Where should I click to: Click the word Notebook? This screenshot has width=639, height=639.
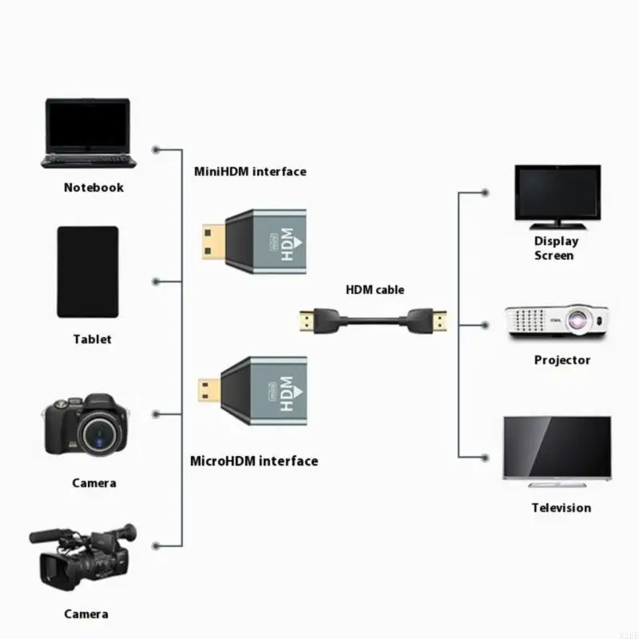click(x=93, y=188)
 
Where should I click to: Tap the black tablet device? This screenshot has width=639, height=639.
click(x=88, y=272)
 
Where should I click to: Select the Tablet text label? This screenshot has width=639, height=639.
click(x=93, y=339)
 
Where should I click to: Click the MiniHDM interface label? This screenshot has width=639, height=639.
click(x=250, y=171)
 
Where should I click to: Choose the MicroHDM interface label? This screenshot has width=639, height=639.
click(x=254, y=461)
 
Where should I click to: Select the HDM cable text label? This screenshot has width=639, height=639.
click(x=375, y=290)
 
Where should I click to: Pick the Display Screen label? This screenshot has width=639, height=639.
click(x=556, y=248)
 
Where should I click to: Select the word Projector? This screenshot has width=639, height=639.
click(x=562, y=360)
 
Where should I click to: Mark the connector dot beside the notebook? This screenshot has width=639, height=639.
click(x=156, y=149)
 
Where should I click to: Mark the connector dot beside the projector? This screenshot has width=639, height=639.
click(x=485, y=325)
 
